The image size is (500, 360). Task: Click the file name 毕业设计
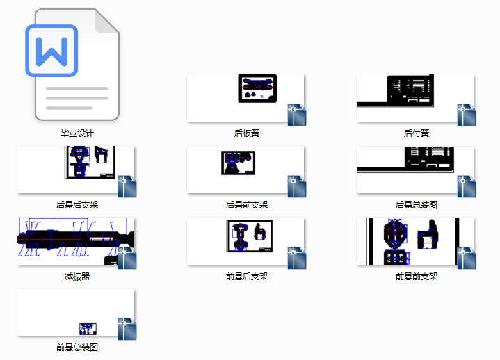[77, 133]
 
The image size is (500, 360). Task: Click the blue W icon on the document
[51, 51]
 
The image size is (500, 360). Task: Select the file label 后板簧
[246, 133]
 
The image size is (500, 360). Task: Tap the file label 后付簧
[416, 133]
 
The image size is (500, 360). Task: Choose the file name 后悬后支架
[77, 204]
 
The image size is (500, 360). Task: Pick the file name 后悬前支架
[246, 204]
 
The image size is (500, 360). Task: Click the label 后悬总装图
[416, 204]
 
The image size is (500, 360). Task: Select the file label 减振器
[77, 276]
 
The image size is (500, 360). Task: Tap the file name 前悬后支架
[246, 276]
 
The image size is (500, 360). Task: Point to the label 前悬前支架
[416, 276]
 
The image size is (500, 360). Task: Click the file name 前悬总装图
[77, 347]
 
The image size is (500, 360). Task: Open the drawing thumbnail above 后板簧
[245, 98]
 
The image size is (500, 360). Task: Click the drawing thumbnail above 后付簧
[415, 98]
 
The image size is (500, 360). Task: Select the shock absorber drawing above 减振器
[76, 241]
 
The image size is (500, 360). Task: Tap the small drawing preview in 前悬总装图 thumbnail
[88, 329]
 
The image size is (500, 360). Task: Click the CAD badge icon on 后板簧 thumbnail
[297, 115]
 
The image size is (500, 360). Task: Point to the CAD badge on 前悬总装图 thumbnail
[127, 329]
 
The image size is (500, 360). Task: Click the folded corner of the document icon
[108, 22]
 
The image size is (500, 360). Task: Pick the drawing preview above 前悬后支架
[250, 236]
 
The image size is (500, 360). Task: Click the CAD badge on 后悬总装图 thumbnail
[467, 186]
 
